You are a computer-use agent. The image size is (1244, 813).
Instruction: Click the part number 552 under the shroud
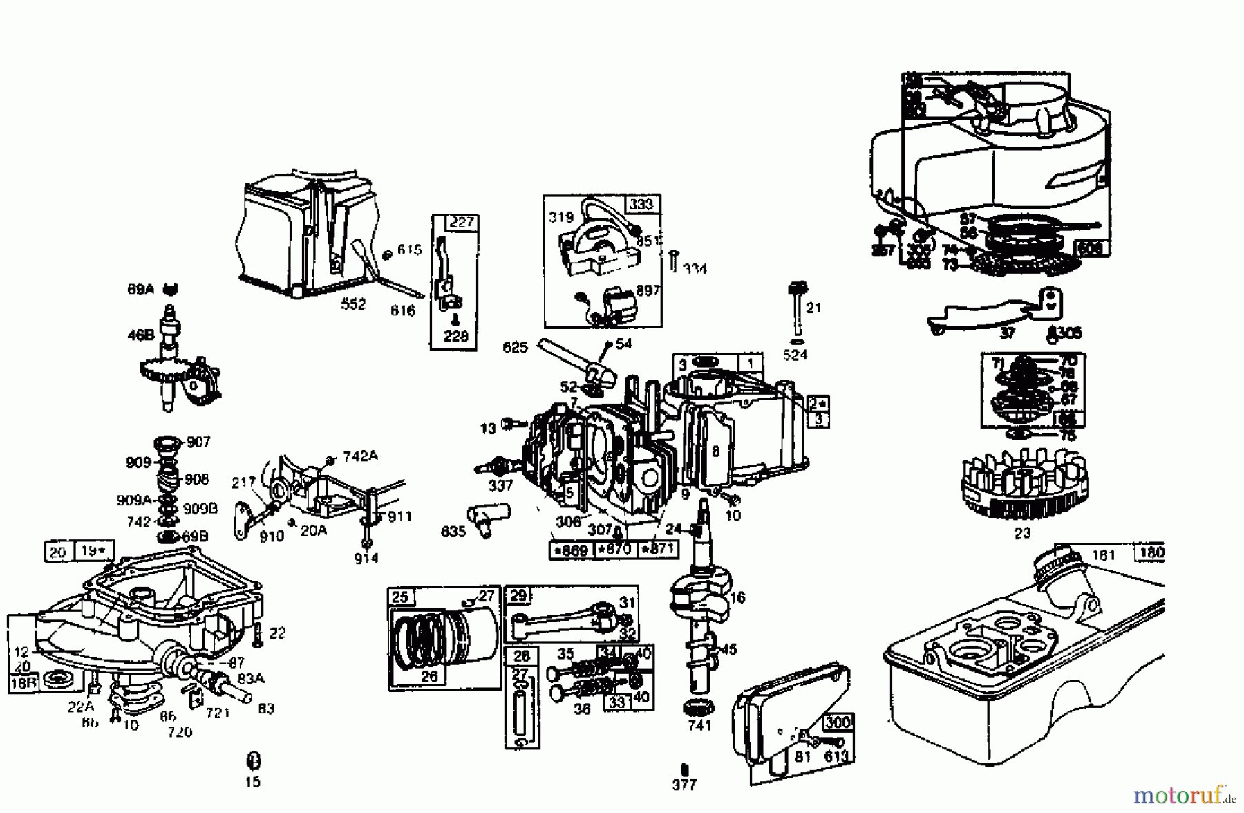pos(353,304)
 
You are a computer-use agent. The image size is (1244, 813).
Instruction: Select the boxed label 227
pos(462,223)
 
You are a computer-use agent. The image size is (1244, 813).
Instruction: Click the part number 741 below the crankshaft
pos(699,725)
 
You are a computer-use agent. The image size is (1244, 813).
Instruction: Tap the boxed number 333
pos(641,204)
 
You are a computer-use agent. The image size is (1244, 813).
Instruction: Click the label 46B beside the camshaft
pos(140,335)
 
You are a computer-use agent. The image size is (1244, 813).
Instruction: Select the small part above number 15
pos(253,760)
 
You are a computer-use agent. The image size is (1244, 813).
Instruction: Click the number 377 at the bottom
pos(684,785)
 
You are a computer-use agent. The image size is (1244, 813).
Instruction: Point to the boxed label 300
pos(837,722)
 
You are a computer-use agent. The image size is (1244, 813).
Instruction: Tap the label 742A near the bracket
pos(360,456)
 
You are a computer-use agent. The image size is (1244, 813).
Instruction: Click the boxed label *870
pos(614,550)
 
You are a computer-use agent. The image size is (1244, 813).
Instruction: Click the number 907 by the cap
pos(198,442)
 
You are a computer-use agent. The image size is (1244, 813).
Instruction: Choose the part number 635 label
pos(453,532)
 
